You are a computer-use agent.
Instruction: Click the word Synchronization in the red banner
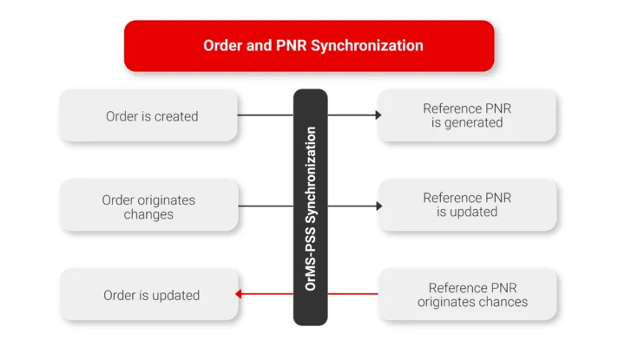372,45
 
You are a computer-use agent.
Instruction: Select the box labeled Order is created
148,115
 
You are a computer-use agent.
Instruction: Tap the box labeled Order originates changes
148,206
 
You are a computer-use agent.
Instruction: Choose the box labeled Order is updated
148,295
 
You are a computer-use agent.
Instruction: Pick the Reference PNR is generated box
467,115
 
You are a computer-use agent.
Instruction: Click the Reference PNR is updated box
467,205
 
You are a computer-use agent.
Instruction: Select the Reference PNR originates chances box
467,295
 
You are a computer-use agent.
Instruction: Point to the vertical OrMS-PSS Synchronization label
310,207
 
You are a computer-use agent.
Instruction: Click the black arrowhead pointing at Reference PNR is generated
378,115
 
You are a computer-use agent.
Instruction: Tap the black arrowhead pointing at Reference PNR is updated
378,206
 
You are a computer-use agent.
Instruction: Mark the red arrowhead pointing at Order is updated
239,294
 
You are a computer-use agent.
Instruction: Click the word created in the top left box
176,116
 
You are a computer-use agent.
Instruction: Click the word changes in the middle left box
148,213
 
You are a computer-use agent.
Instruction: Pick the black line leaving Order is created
265,115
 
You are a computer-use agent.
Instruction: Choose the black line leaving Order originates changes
265,206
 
